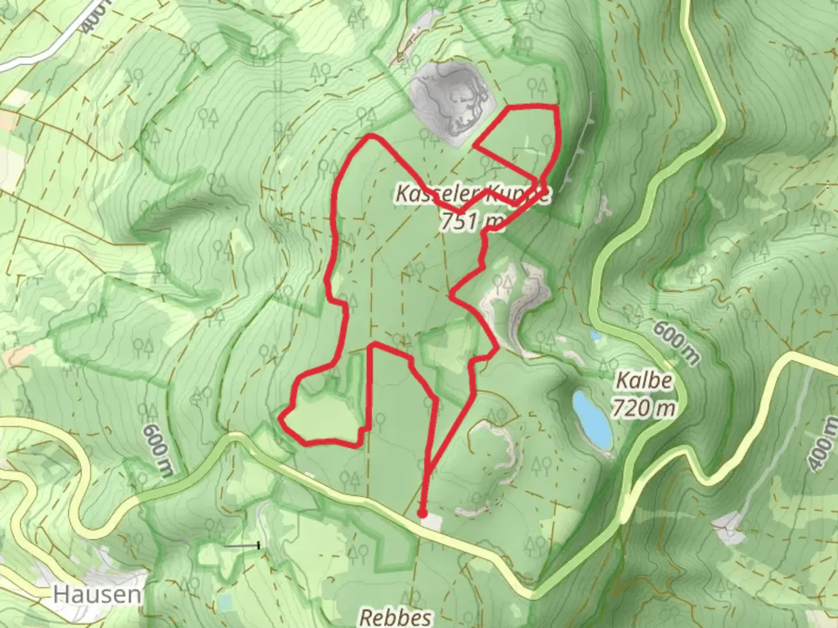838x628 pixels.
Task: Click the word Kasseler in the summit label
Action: [427, 194]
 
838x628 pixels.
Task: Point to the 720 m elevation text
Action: [644, 408]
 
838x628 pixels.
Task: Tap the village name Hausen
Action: [97, 594]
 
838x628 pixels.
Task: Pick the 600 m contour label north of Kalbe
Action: [676, 342]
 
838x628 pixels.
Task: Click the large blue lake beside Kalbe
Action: [591, 415]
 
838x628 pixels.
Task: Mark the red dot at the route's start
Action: [422, 513]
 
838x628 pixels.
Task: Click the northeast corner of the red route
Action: [556, 107]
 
